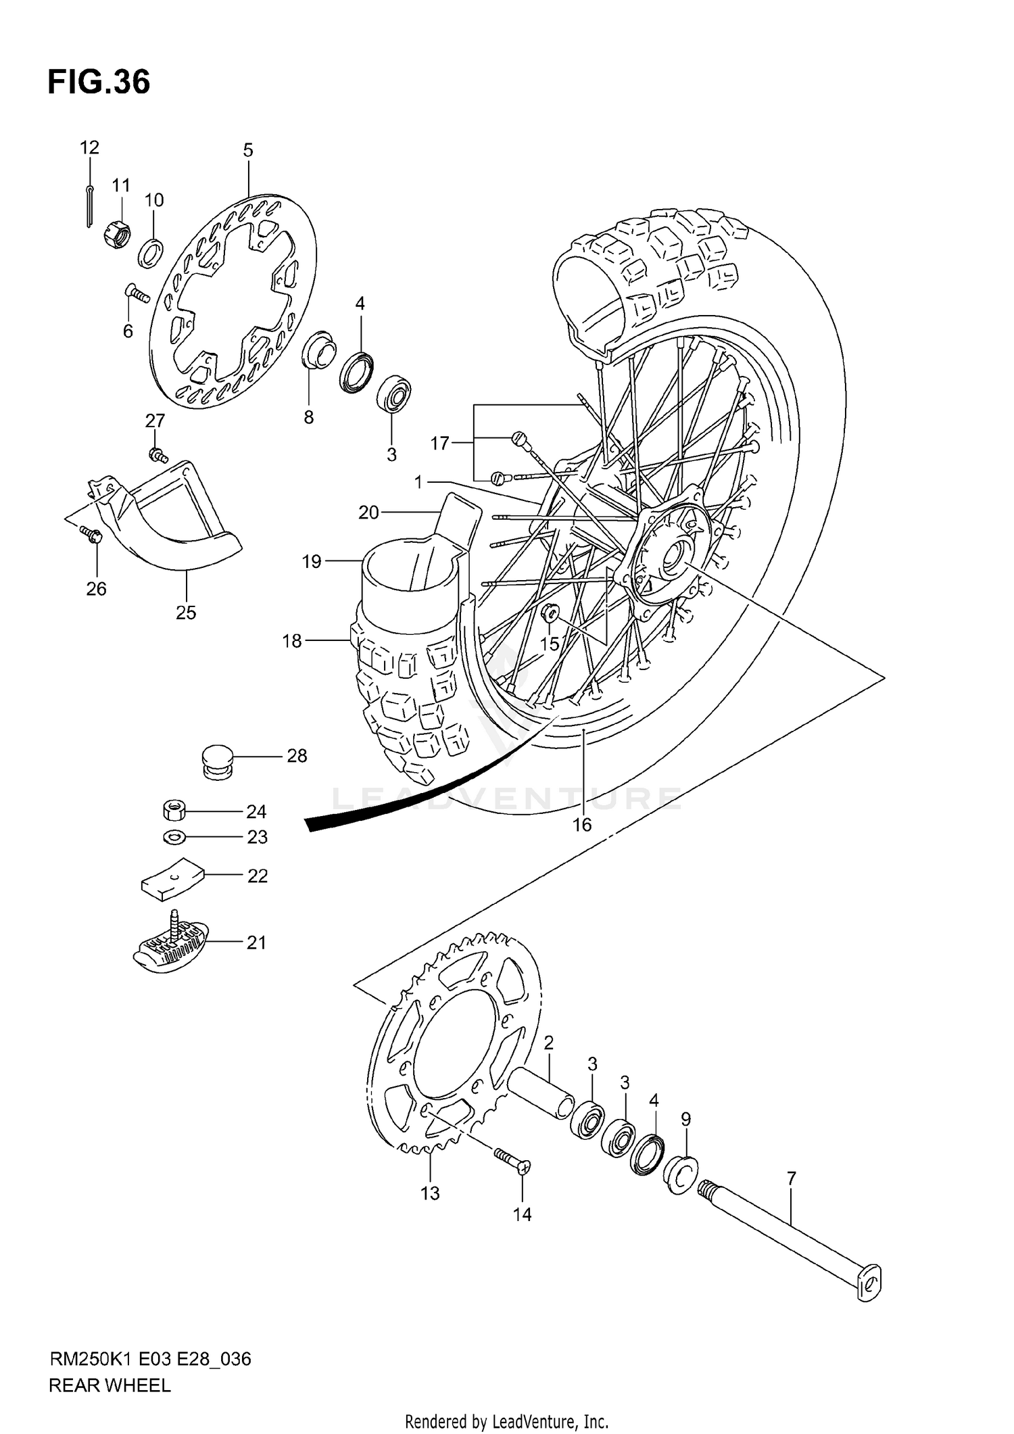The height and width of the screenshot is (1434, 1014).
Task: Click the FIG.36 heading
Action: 99,82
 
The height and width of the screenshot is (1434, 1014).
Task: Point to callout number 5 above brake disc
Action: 248,150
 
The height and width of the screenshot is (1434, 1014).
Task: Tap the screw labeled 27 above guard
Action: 158,454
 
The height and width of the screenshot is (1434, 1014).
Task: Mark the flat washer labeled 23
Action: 174,837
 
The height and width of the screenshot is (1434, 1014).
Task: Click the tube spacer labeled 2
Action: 541,1091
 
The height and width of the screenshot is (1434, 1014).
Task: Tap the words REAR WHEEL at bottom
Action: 110,1385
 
